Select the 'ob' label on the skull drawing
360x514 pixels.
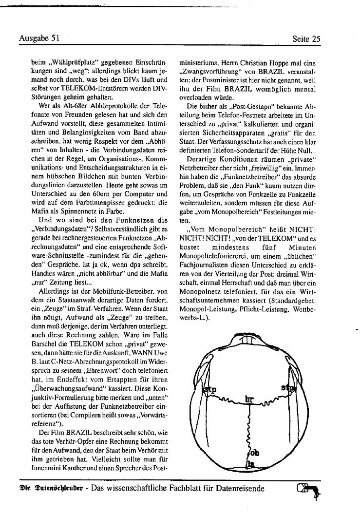click(x=254, y=453)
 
